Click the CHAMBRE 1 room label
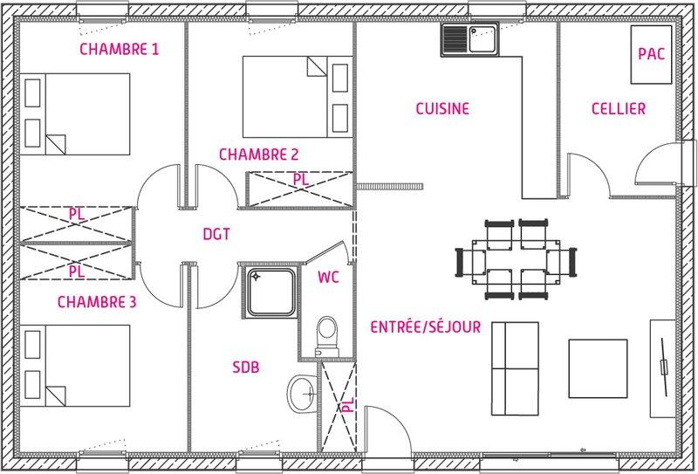coord(119,49)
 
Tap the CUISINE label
coord(442,109)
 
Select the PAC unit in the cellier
coord(651,54)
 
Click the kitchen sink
coord(470,40)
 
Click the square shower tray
coord(270,292)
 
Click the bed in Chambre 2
coord(298,97)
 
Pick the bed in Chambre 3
coord(75,366)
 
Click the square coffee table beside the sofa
coord(598,368)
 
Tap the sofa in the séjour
coord(515,369)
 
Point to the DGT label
coord(216,234)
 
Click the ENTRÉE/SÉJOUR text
coord(426,327)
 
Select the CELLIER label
coord(619,109)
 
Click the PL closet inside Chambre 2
coord(300,189)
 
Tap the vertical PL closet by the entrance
coord(339,406)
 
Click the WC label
coord(328,277)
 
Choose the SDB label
coord(246,368)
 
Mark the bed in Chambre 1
coord(75,114)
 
